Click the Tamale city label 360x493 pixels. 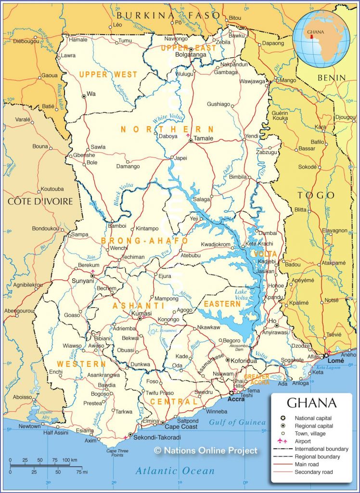click(204, 138)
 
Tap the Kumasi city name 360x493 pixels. click(141, 313)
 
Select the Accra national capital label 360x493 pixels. click(236, 399)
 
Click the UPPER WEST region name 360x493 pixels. click(108, 75)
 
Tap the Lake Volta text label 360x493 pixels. click(242, 295)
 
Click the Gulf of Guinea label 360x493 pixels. click(237, 422)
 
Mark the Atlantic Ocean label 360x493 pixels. click(175, 470)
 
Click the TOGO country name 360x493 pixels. click(316, 195)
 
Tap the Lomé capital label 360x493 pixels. click(336, 360)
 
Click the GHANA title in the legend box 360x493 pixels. click(312, 402)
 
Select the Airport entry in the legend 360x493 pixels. click(303, 441)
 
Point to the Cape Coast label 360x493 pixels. click(181, 427)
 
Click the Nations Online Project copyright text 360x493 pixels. click(206, 451)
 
